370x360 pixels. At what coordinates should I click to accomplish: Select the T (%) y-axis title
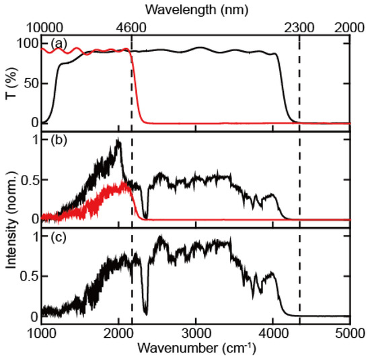pos(9,83)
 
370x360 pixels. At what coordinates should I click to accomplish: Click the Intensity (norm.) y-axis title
pos(9,223)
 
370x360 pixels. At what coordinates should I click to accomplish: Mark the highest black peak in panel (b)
pos(119,140)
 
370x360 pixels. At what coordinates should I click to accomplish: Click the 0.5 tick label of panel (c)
pos(28,277)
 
